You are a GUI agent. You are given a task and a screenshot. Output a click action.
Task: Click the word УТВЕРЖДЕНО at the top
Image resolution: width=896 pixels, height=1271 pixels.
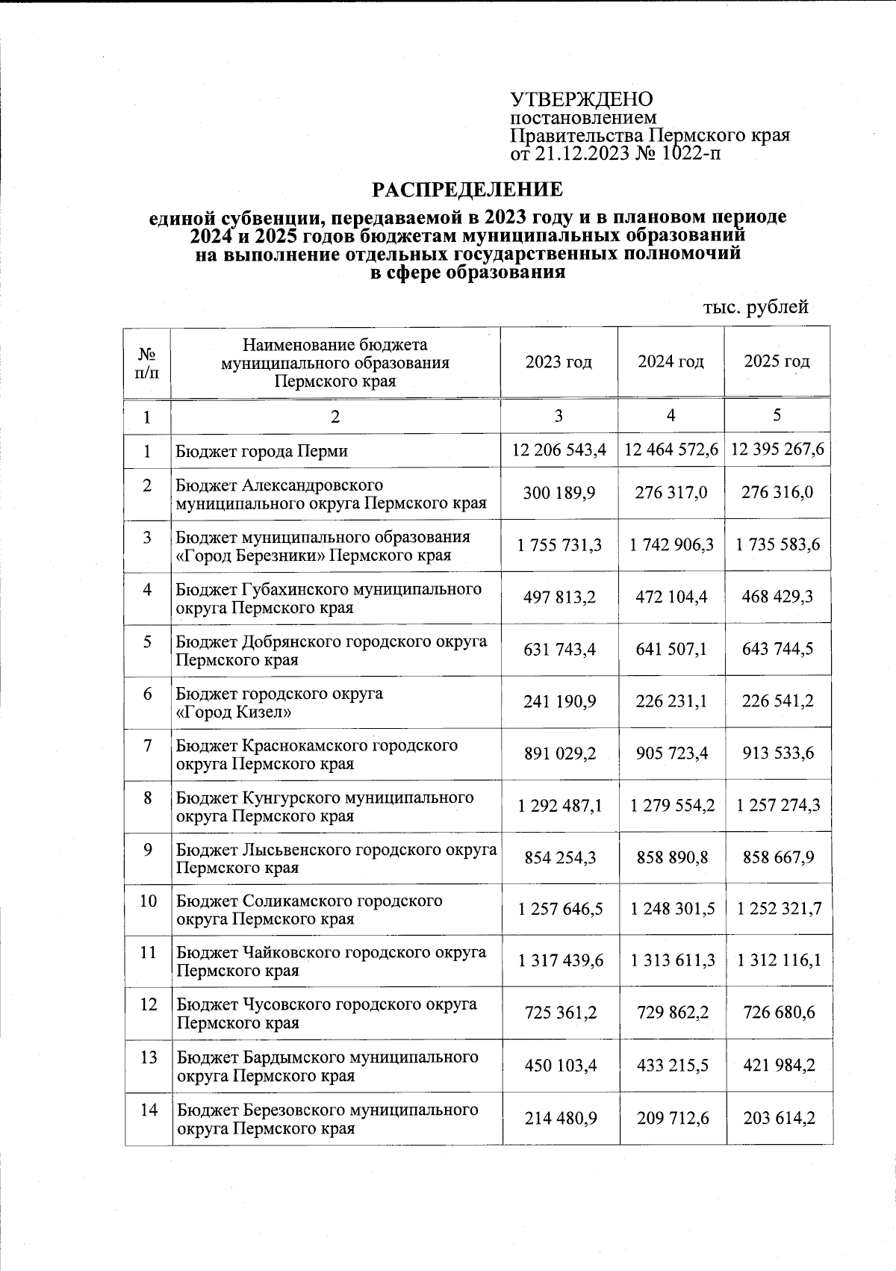(x=581, y=99)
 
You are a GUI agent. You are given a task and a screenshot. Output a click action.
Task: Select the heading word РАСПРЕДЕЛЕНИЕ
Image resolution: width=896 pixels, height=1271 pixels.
(x=467, y=190)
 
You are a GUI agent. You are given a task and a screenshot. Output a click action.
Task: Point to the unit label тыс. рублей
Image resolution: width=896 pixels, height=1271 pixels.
(x=756, y=307)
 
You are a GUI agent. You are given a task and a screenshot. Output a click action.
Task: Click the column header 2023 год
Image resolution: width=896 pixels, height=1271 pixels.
(x=559, y=362)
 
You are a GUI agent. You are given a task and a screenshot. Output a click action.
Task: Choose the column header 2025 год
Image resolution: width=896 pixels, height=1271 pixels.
(x=777, y=362)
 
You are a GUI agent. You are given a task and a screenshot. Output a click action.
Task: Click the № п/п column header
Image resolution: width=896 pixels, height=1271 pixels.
(x=148, y=362)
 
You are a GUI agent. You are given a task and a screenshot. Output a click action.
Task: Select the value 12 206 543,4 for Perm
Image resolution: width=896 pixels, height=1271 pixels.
(x=559, y=450)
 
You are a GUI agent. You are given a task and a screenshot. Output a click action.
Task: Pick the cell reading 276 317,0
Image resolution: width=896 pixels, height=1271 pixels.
(x=671, y=493)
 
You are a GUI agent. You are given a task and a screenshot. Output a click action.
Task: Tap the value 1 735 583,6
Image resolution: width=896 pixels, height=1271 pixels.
(x=777, y=545)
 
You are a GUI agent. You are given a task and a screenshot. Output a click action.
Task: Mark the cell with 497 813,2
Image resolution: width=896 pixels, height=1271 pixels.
(x=559, y=597)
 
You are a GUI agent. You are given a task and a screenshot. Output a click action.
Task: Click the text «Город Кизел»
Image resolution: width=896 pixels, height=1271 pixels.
(x=232, y=712)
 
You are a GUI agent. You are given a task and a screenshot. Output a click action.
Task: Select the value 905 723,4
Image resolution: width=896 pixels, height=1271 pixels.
(x=671, y=753)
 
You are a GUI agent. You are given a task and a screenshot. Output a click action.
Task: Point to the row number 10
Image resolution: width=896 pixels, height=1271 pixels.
(x=148, y=901)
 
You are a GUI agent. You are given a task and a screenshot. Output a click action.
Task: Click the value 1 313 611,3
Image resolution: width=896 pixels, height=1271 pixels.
(x=672, y=960)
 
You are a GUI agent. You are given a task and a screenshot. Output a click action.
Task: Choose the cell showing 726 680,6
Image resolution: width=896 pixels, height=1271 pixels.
(x=778, y=1013)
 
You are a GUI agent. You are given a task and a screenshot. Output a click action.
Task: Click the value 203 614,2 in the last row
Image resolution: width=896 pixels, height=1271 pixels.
(x=778, y=1118)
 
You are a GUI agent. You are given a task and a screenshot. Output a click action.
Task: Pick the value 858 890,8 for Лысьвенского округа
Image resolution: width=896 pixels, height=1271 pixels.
(x=671, y=857)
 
